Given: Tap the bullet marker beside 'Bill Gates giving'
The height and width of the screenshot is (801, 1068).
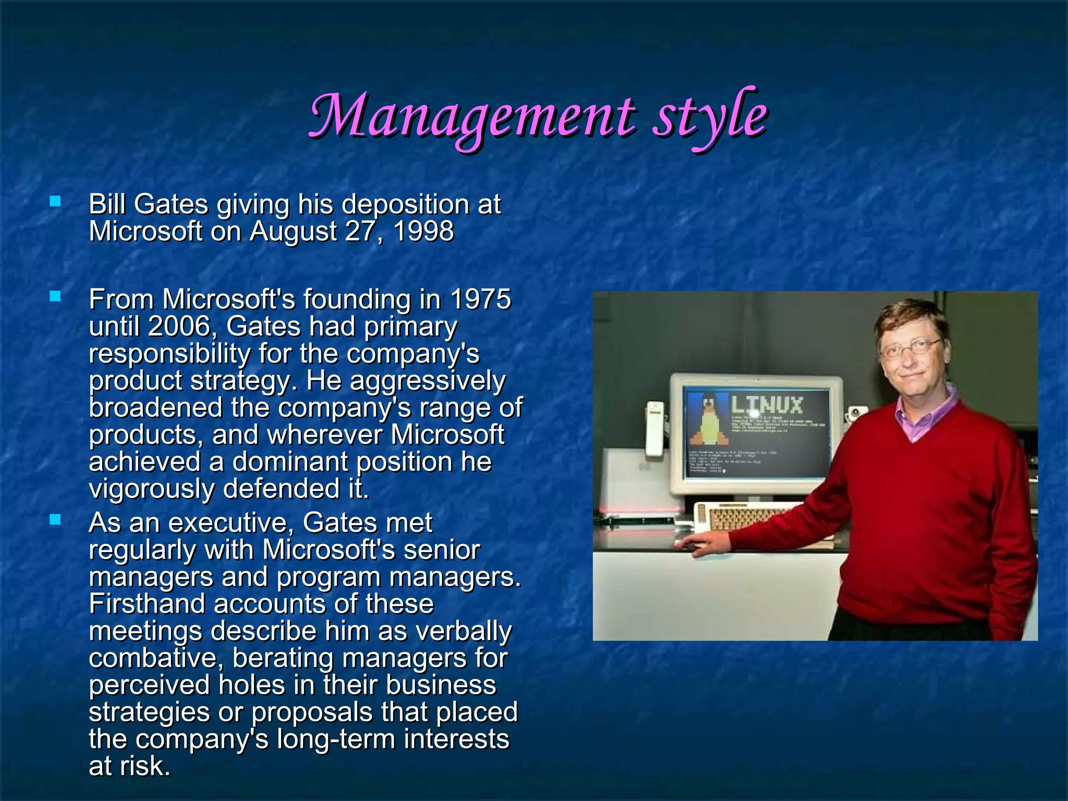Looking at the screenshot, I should (x=55, y=201).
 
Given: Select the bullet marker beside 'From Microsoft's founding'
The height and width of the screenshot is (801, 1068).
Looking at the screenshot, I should (x=55, y=297).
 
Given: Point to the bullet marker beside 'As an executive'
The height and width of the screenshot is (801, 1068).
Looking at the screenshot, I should (x=55, y=519).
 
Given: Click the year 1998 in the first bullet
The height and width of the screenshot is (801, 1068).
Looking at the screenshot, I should (x=423, y=231).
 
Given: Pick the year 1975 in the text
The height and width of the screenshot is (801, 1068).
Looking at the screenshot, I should (x=480, y=300).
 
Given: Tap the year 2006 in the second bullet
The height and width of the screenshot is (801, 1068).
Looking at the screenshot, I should (x=178, y=327).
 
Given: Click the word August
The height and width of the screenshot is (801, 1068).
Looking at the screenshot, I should (x=293, y=231).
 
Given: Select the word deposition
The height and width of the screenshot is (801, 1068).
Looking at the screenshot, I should (x=405, y=204).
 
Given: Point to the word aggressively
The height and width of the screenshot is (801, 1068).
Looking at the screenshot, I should (x=427, y=381).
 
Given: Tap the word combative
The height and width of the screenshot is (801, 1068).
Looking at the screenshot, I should (x=156, y=659).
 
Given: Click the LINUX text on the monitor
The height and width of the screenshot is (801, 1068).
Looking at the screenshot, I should (x=767, y=405).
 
